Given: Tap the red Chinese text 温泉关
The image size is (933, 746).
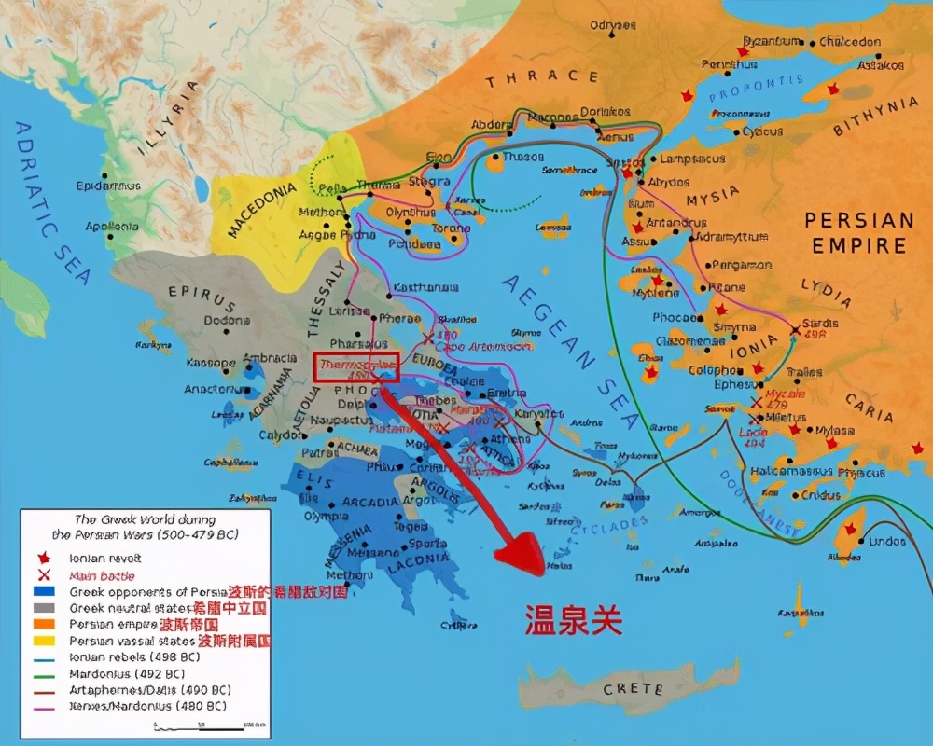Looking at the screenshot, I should [573, 619].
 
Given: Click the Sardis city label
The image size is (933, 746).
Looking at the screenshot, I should [820, 324].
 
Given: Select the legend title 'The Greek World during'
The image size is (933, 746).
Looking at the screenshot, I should [145, 519].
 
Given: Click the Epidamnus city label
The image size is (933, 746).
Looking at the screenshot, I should [109, 186].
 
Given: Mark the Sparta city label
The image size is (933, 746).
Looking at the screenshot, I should [428, 543].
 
